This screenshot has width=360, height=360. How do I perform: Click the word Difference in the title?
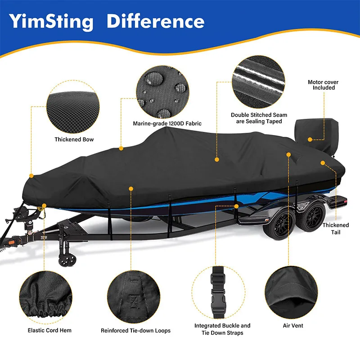pos(155,21)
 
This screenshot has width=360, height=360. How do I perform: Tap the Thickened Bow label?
pos(74,139)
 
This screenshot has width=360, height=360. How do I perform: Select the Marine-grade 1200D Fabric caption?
pos(167,123)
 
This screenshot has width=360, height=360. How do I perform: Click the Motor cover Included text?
pos(323,85)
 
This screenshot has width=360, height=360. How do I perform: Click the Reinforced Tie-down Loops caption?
pos(135,331)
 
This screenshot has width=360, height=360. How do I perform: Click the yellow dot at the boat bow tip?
pos(31,175)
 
